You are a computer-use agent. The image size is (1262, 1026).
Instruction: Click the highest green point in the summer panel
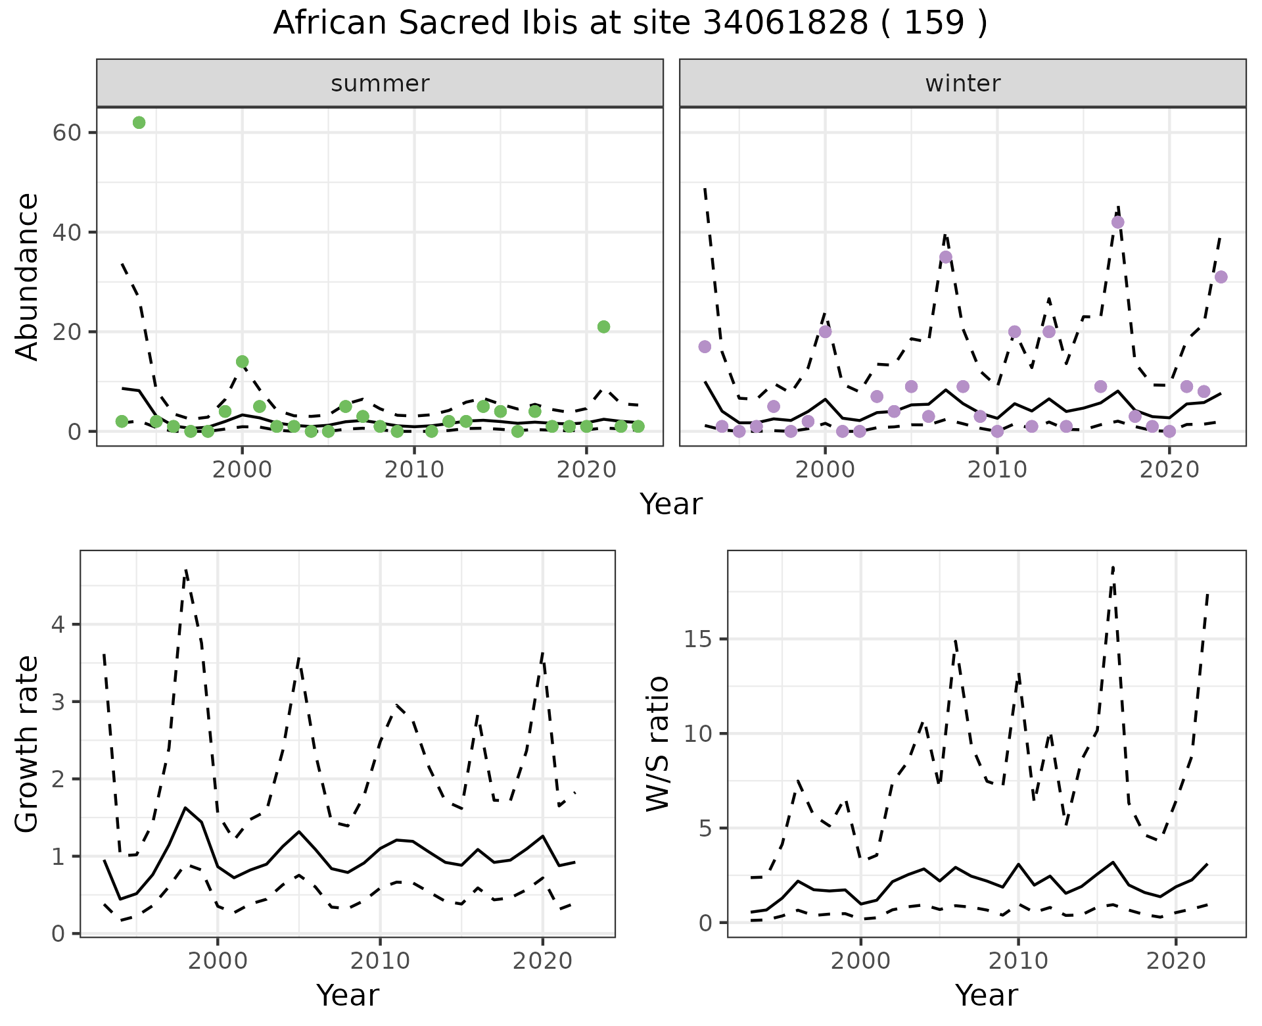pos(139,123)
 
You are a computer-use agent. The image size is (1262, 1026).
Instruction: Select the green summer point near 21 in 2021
pos(603,327)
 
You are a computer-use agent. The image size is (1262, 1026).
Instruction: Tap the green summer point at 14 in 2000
pos(242,362)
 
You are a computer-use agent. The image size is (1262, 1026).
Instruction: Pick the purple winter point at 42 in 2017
pos(1117,222)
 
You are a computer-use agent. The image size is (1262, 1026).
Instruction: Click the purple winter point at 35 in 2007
pos(946,257)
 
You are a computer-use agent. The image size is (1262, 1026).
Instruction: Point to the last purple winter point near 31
pos(1221,277)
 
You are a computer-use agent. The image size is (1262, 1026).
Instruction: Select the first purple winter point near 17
pos(705,347)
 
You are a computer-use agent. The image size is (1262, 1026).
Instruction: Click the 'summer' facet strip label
pos(380,84)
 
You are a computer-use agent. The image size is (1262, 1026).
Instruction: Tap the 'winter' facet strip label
pos(962,84)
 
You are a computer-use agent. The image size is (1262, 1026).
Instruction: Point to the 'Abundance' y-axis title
pos(28,277)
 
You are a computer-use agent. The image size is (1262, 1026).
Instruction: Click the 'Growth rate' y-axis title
pos(28,743)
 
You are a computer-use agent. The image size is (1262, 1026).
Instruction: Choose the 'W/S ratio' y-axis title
pos(657,743)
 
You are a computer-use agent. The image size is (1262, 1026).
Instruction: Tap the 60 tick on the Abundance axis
pos(66,133)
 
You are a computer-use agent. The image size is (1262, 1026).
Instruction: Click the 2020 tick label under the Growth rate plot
pos(542,961)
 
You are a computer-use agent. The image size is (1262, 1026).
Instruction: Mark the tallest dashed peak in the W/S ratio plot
pos(1113,567)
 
